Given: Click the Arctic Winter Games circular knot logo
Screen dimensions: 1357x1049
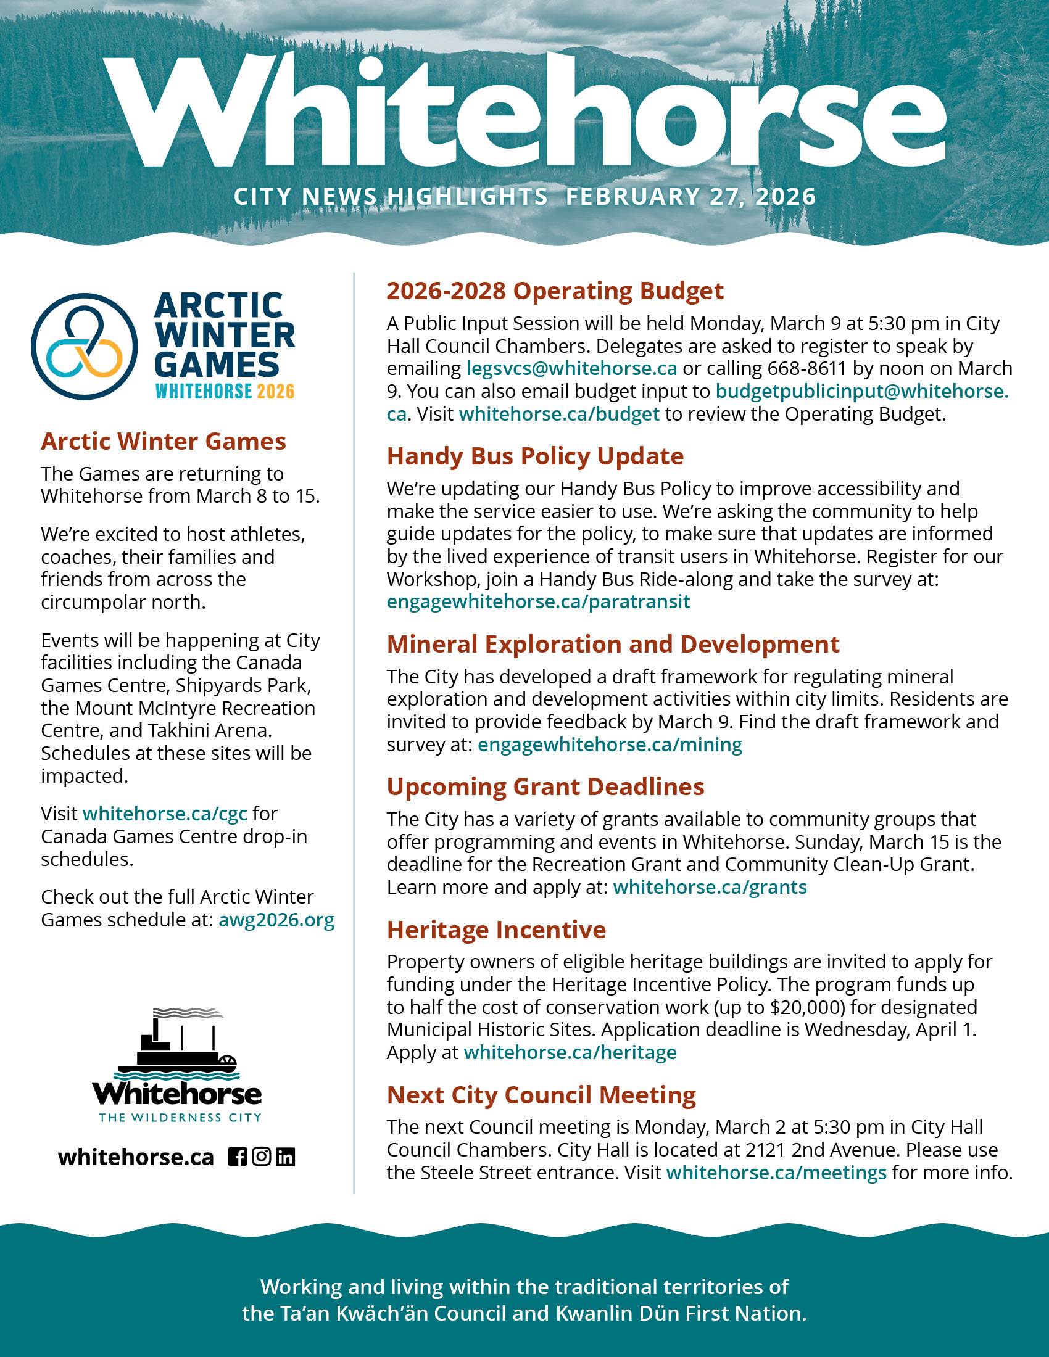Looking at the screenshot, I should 85,346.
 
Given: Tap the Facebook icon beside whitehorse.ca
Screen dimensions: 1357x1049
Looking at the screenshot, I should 237,1157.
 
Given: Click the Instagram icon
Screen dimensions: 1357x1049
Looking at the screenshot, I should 262,1157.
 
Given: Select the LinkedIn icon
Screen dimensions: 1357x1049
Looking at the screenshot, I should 285,1157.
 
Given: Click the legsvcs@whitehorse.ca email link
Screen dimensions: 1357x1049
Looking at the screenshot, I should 571,368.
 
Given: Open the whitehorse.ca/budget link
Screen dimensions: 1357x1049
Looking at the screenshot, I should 558,414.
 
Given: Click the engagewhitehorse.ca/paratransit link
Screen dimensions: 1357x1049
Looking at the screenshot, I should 538,601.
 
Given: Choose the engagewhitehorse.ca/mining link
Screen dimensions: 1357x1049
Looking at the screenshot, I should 610,744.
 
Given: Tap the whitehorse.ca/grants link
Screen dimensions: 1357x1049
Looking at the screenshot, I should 710,886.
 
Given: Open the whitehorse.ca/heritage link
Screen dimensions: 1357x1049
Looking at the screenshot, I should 570,1052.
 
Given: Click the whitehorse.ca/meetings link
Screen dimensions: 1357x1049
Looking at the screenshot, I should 776,1173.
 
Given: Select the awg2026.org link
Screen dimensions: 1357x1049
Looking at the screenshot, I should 276,920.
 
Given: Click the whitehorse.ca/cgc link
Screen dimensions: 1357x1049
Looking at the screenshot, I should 165,814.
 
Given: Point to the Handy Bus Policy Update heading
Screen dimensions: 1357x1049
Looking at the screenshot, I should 535,456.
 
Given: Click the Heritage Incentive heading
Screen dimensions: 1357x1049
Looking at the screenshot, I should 496,930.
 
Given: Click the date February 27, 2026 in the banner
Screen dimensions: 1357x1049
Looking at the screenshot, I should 690,197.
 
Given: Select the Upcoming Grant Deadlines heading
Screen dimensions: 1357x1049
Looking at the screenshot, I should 545,786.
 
